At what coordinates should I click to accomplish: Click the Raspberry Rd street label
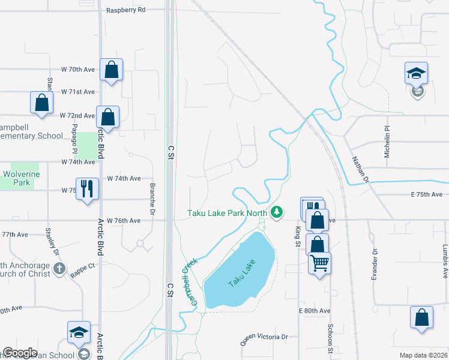[125, 10]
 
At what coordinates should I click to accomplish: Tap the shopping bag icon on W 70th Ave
[112, 70]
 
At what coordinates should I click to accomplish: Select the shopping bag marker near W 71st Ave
[41, 103]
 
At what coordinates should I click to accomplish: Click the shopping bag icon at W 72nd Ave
[107, 117]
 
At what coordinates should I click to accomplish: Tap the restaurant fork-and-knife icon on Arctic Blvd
[87, 188]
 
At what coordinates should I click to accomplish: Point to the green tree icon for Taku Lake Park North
[276, 212]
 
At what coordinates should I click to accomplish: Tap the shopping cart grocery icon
[319, 263]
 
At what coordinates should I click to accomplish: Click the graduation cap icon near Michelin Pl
[417, 73]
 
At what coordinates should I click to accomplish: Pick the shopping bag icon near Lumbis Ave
[422, 318]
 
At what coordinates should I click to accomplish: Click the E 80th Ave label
[315, 311]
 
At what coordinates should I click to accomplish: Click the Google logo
[20, 353]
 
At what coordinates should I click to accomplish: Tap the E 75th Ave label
[427, 194]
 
